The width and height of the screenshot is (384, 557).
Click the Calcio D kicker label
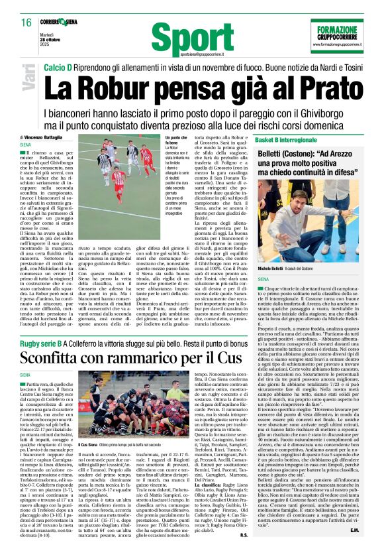pyautogui.click(x=57, y=68)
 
